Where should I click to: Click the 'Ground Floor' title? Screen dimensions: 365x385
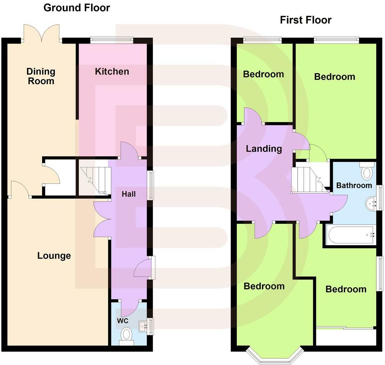(x=76, y=8)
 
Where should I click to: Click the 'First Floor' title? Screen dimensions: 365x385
(x=305, y=20)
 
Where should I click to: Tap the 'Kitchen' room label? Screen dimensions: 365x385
(x=112, y=71)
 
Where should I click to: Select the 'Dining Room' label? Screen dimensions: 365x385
(x=41, y=76)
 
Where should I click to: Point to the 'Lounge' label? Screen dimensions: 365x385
(x=54, y=255)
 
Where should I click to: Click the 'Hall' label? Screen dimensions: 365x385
(x=128, y=194)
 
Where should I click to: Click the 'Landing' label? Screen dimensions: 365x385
(x=264, y=149)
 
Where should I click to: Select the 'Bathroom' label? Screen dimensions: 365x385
(x=354, y=185)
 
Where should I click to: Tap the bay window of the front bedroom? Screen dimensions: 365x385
(x=275, y=355)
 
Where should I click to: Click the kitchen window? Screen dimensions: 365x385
(x=111, y=40)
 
